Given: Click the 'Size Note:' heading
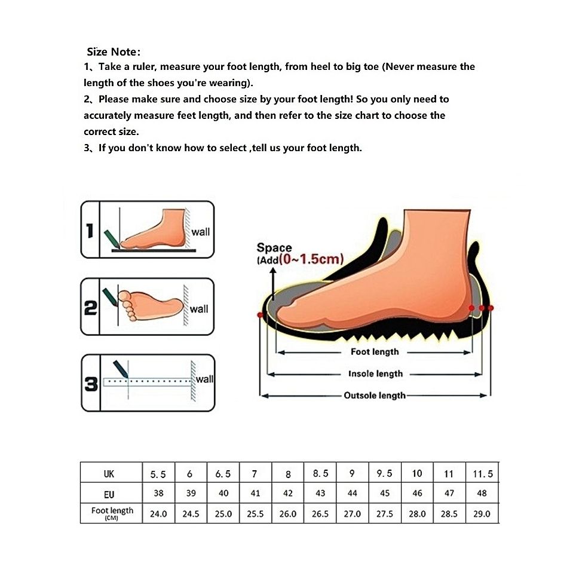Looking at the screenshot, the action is coord(114,52).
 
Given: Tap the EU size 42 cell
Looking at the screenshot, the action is coord(287,493).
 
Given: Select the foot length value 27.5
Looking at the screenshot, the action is coord(384,514).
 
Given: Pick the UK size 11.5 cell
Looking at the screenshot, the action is coord(483,474).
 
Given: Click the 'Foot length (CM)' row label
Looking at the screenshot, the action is coord(112,513).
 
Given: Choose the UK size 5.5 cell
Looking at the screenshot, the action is coord(158,474).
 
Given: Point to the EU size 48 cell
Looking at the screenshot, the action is coord(482,493).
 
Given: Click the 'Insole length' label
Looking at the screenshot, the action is coord(375,373).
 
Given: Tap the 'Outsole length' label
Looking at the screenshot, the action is coord(375,396).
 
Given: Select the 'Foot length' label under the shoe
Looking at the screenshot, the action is coord(375,351).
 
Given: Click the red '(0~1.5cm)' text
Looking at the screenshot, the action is coord(311,259).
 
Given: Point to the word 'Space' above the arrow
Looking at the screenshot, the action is coord(274,247).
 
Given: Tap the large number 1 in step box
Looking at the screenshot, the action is coord(90,231).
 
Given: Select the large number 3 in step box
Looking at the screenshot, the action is coord(91,384).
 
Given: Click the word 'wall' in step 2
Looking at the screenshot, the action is coord(199,309).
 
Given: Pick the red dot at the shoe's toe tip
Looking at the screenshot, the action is coord(260,315).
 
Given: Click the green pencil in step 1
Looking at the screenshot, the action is coord(112,238).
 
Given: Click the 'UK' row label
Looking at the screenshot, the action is coord(109,474).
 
